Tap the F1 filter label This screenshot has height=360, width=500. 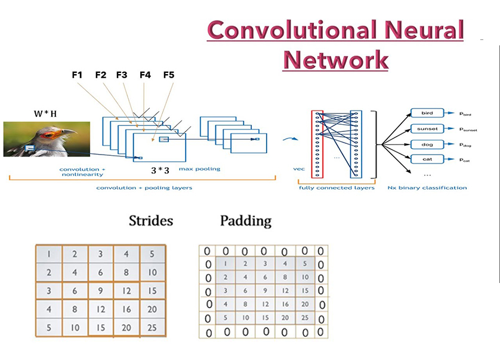coord(76,75)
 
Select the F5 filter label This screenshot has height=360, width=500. coord(168,75)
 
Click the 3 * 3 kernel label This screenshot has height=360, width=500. coord(161,170)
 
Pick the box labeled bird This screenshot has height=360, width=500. coord(428,113)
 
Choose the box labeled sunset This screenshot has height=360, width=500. coord(428,128)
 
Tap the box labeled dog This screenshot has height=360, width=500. coord(428,144)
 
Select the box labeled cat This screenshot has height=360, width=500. coord(428,159)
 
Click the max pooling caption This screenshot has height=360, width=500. coord(199,170)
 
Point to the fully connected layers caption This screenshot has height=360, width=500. coord(337,188)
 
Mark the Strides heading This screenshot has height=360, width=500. coord(151,221)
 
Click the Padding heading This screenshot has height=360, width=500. coord(245,221)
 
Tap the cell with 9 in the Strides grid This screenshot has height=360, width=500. coord(100,291)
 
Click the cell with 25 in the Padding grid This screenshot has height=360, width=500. coord(305,318)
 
